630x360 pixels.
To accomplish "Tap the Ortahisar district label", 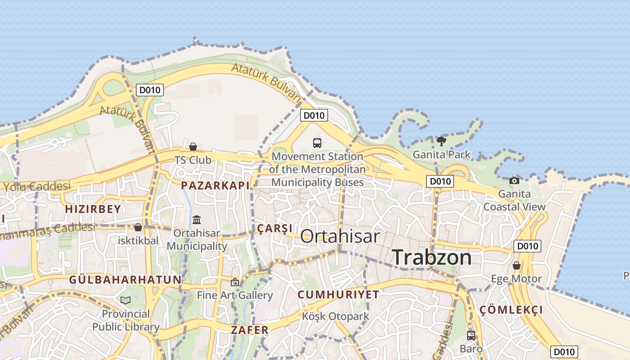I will pos(340,236).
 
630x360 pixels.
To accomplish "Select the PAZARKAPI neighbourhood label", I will pos(215,185).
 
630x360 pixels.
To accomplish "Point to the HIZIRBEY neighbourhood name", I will pos(93,209).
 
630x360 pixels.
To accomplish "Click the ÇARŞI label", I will pos(274,229).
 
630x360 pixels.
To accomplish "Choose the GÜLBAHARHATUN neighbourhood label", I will pos(125,279).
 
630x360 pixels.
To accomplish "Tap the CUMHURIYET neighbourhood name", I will pos(338,295).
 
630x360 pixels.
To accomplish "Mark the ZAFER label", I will pos(250,330).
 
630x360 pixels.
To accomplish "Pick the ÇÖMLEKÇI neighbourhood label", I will pos(511,310).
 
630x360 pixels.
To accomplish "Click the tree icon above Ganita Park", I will pos(441,141).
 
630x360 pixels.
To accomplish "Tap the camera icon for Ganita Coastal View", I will pos(514,180).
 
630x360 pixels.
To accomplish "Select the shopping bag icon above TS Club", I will pos(193,147).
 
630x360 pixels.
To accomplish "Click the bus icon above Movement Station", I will pos(317,143).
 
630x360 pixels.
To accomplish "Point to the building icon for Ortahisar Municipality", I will pos(197,220).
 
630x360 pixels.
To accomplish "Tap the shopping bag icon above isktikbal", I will pos(138,228).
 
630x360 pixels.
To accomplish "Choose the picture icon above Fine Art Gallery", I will pos(234,282).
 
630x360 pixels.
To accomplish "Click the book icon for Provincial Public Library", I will pos(126,300).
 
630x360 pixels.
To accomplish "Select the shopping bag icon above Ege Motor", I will pos(517,265).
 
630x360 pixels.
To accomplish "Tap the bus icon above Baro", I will pos(471,335).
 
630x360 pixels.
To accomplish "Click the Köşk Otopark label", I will pos(336,316).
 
